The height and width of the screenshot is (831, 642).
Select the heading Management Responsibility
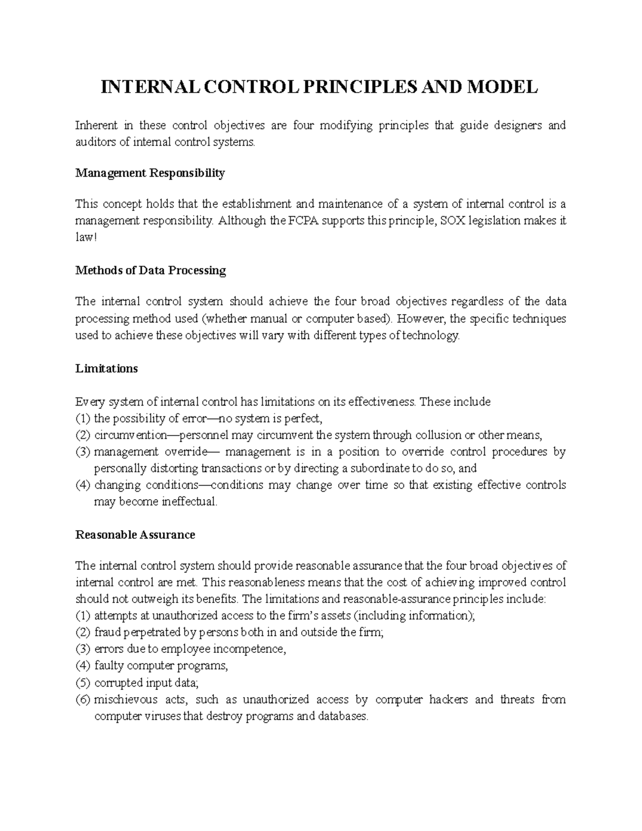click(150, 173)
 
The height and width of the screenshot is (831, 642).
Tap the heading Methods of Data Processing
click(150, 270)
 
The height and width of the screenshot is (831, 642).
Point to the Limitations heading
click(106, 369)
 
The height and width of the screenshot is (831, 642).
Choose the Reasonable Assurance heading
click(135, 535)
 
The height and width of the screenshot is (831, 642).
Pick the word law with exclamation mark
click(86, 237)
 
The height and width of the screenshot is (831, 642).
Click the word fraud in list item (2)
click(106, 632)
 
